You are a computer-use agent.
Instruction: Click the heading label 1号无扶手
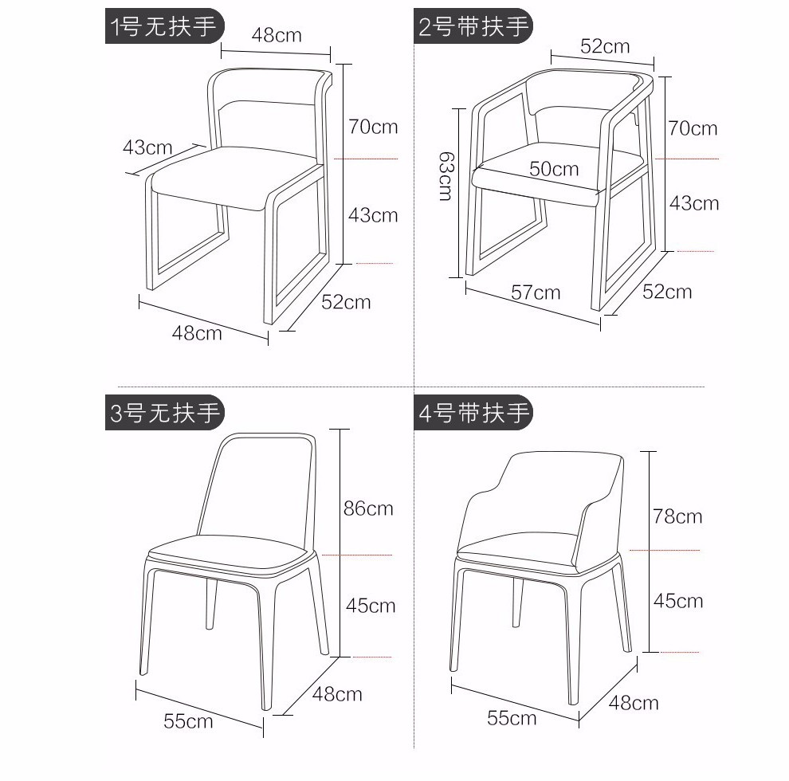[x=164, y=26]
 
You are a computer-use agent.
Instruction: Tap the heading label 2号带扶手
[x=473, y=26]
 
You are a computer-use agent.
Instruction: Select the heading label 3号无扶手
[x=164, y=413]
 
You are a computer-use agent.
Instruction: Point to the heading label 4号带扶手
[x=473, y=413]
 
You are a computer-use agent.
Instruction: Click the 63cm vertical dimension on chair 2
[x=446, y=176]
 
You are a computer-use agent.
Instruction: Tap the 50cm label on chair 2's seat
[x=554, y=169]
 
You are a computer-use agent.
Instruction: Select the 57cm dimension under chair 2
[x=536, y=292]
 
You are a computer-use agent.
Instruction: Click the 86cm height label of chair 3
[x=368, y=508]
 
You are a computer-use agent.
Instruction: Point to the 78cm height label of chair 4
[x=677, y=516]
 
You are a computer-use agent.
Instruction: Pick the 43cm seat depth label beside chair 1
[x=147, y=147]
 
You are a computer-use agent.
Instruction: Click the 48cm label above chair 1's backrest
[x=277, y=35]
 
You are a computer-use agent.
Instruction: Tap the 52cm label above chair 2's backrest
[x=605, y=46]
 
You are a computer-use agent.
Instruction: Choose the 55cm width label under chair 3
[x=188, y=721]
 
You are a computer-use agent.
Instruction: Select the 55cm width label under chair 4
[x=512, y=718]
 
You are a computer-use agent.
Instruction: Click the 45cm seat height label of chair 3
[x=371, y=606]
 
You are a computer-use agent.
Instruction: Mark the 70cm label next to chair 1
[x=373, y=127]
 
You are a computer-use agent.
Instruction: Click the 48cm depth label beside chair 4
[x=634, y=703]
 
